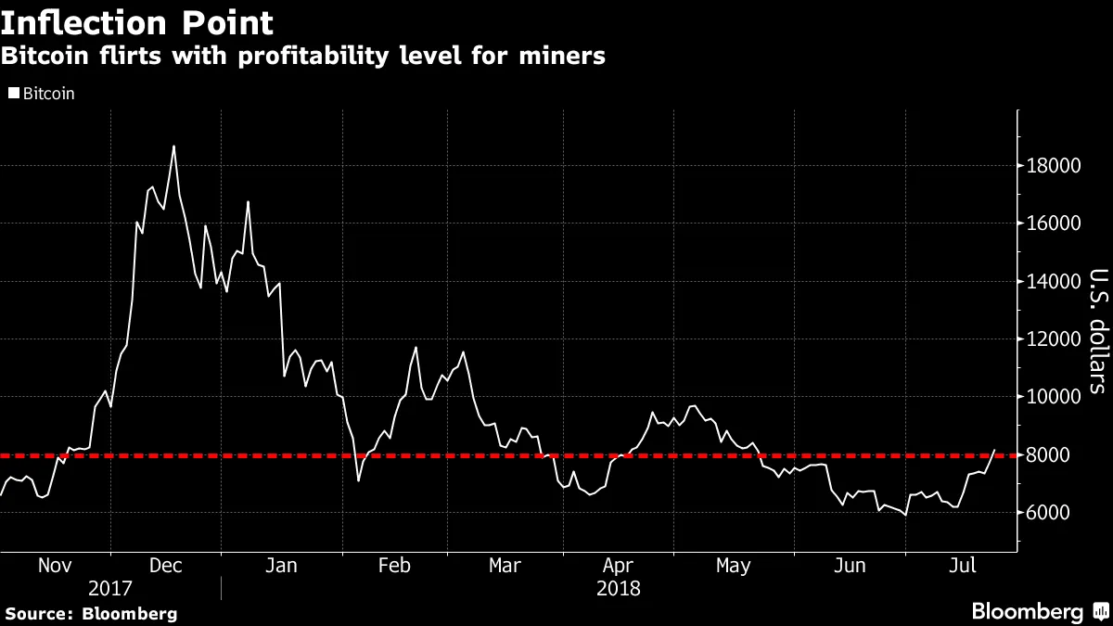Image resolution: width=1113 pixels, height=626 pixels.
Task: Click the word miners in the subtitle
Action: click(558, 57)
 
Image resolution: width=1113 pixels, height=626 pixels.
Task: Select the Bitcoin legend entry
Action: click(43, 94)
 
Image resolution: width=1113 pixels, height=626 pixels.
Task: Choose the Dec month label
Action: click(166, 565)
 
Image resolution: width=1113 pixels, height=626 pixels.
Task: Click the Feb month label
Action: click(394, 565)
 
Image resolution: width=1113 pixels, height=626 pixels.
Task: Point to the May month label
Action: click(734, 565)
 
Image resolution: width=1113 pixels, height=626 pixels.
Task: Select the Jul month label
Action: click(963, 565)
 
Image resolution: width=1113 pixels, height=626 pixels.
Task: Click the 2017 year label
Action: click(109, 589)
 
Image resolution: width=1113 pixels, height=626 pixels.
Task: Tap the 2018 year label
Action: click(618, 589)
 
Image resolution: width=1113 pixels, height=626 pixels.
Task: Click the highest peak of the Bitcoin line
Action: click(173, 146)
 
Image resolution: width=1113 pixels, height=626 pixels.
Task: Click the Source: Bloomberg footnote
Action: click(91, 613)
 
